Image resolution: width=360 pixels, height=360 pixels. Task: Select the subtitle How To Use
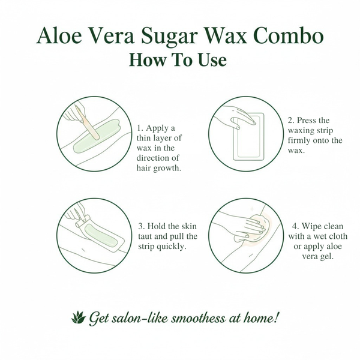179,60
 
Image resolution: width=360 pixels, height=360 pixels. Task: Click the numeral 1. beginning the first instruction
140,128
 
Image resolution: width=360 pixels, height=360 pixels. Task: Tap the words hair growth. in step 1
159,168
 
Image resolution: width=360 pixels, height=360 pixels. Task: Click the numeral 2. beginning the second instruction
291,120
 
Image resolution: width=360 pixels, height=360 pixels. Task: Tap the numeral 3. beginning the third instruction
142,226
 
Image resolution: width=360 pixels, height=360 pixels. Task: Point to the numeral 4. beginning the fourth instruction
295,226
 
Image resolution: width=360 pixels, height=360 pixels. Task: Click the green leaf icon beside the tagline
77,317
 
